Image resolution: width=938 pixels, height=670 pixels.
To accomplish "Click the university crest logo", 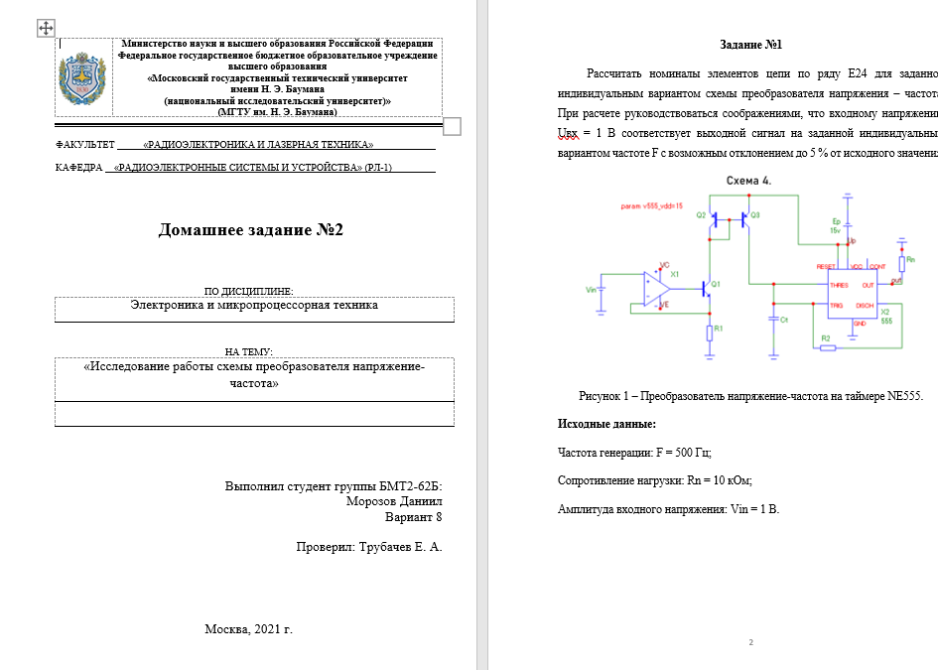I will (x=82, y=80).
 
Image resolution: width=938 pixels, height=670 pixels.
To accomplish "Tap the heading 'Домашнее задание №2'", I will (x=250, y=230).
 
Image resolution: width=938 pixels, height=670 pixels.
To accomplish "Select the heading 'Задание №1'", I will (x=750, y=45).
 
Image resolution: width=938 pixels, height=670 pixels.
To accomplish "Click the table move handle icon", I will (x=46, y=28).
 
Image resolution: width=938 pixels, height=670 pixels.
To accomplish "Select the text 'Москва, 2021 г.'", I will (x=248, y=629).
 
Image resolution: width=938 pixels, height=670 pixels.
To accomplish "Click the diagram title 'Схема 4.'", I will (x=749, y=181).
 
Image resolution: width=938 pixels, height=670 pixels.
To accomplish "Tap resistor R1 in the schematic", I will (x=710, y=333).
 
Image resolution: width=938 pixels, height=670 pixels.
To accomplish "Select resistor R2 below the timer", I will (x=827, y=347).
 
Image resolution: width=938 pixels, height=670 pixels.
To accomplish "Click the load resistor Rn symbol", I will (x=901, y=263).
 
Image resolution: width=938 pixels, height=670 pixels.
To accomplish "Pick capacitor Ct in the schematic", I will (x=772, y=320).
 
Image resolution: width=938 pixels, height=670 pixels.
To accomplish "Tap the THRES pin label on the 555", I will (x=840, y=285).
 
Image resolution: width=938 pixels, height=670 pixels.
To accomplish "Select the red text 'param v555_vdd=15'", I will (x=651, y=205).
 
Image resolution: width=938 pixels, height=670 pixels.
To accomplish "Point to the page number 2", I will (x=751, y=643).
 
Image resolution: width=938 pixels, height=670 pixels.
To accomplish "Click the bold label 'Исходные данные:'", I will (x=606, y=424).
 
